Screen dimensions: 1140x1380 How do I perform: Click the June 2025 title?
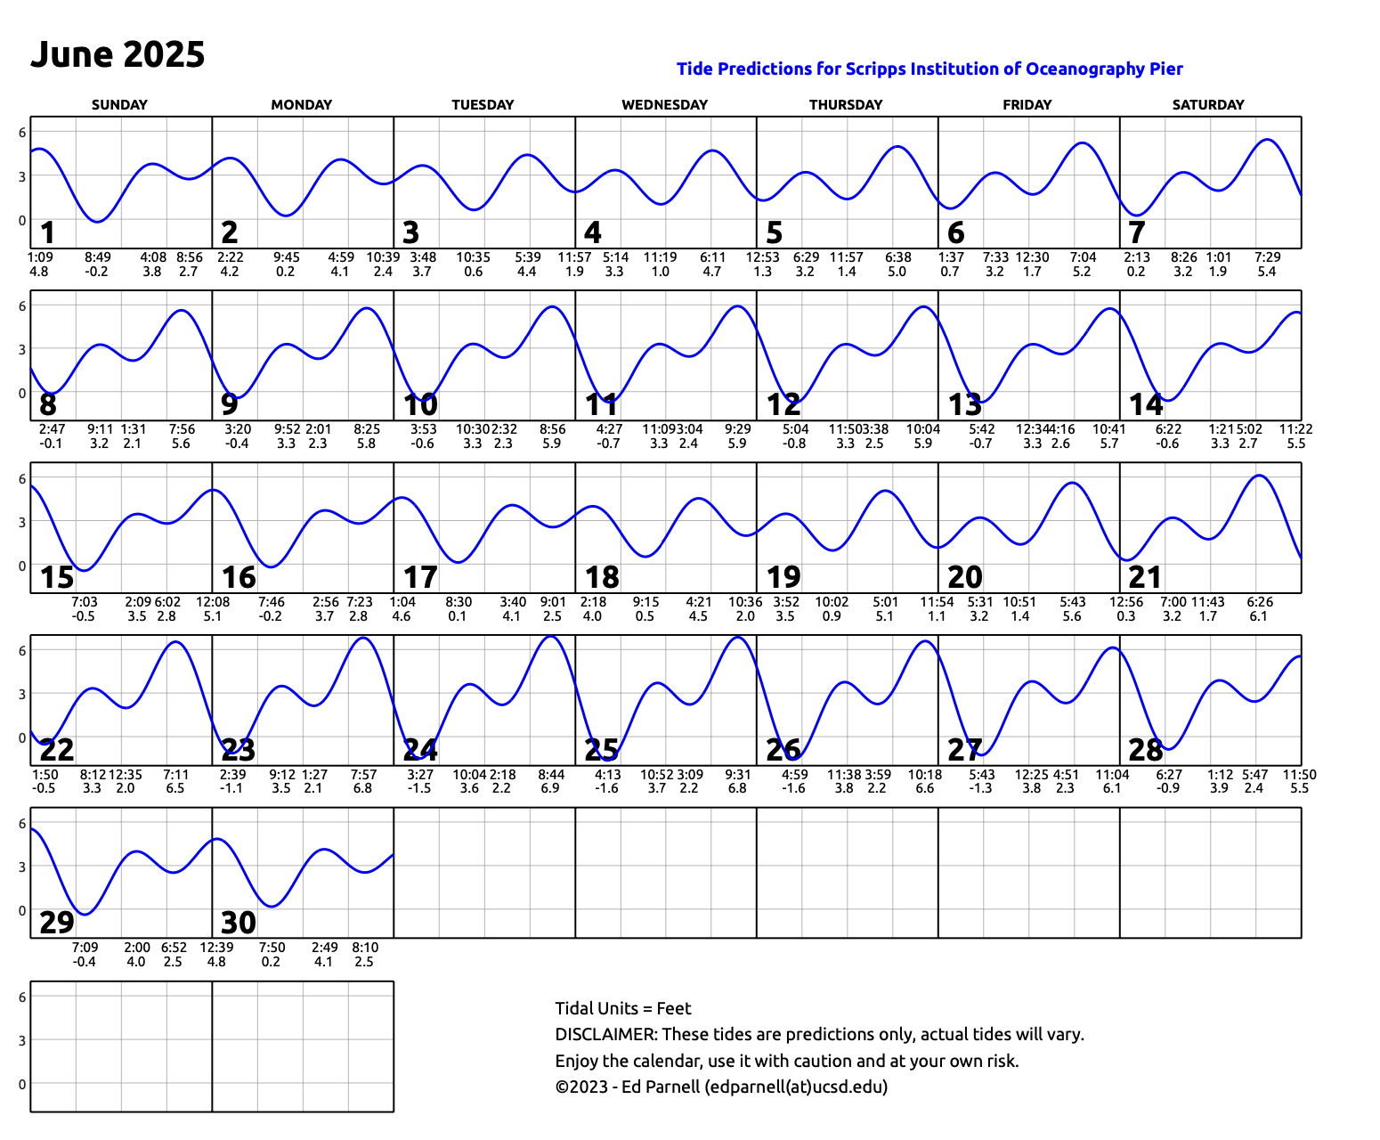[118, 54]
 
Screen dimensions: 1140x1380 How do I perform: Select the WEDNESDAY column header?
[664, 104]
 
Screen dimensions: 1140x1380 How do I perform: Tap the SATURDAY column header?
[1208, 104]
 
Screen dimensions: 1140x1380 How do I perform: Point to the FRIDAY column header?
[1027, 104]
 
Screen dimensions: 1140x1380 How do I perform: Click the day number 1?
[48, 233]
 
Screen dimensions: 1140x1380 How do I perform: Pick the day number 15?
[57, 578]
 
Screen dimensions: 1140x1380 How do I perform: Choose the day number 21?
[1145, 578]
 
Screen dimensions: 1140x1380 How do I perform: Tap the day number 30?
[239, 923]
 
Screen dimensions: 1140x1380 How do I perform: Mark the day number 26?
[783, 750]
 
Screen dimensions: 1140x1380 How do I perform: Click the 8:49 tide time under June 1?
[98, 257]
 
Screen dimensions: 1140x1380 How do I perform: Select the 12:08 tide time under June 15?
[213, 602]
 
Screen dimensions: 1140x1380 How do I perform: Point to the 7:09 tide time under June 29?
[85, 948]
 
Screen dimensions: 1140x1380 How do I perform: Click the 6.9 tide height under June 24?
[550, 788]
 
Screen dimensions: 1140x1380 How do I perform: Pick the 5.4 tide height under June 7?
[1266, 272]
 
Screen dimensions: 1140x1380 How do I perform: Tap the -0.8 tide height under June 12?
[794, 444]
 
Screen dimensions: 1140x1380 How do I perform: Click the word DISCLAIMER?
[605, 1035]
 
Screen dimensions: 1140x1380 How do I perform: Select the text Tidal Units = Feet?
[622, 1008]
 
